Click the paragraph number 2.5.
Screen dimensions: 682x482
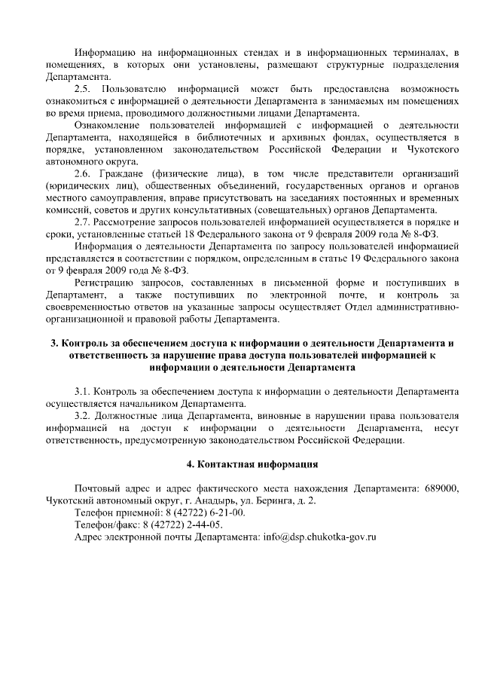click(x=82, y=89)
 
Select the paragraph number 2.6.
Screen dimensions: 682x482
click(x=82, y=173)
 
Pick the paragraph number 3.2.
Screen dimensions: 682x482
click(x=82, y=416)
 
